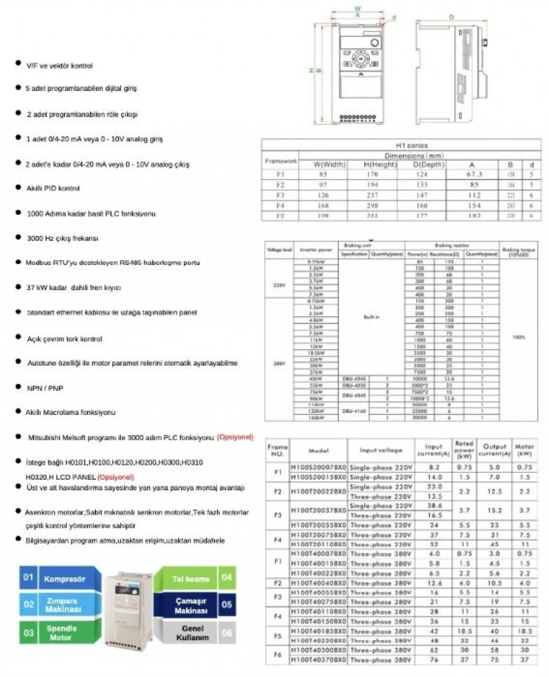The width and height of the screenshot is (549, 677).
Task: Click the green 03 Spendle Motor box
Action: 61,633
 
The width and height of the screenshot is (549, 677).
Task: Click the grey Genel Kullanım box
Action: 192,633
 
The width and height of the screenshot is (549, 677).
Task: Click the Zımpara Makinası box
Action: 63,605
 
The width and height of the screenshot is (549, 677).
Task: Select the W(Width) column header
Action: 329,164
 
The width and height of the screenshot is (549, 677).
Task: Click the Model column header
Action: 318,451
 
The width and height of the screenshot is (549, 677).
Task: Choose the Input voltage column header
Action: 381,451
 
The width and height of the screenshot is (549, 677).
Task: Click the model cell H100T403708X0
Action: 318,660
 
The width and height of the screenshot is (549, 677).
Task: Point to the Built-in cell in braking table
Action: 372,317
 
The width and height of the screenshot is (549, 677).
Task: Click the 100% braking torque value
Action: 518,337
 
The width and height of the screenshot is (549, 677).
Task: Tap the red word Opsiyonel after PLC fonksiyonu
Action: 235,437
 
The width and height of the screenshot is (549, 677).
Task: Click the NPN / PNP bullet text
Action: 45,388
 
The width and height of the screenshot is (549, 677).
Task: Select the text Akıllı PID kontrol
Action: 53,188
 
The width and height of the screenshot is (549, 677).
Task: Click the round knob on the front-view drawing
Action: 375,43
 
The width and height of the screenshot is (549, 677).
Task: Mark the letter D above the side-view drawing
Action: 451,17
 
